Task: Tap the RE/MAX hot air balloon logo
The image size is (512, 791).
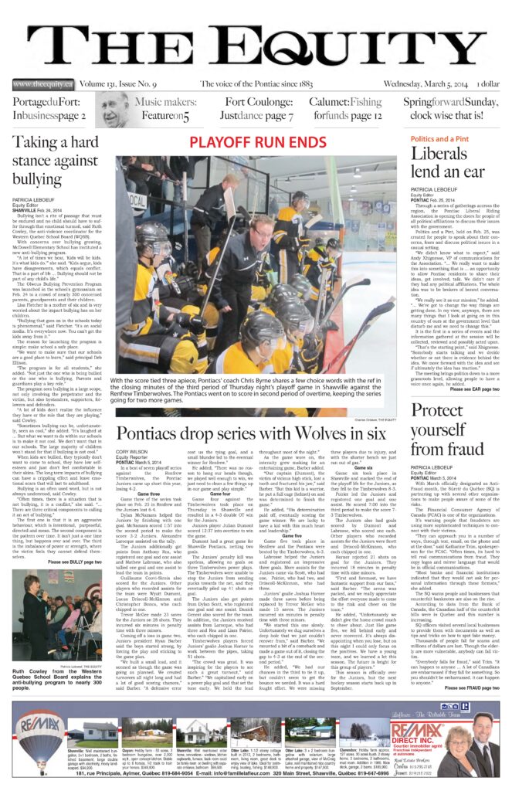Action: [40, 733]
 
